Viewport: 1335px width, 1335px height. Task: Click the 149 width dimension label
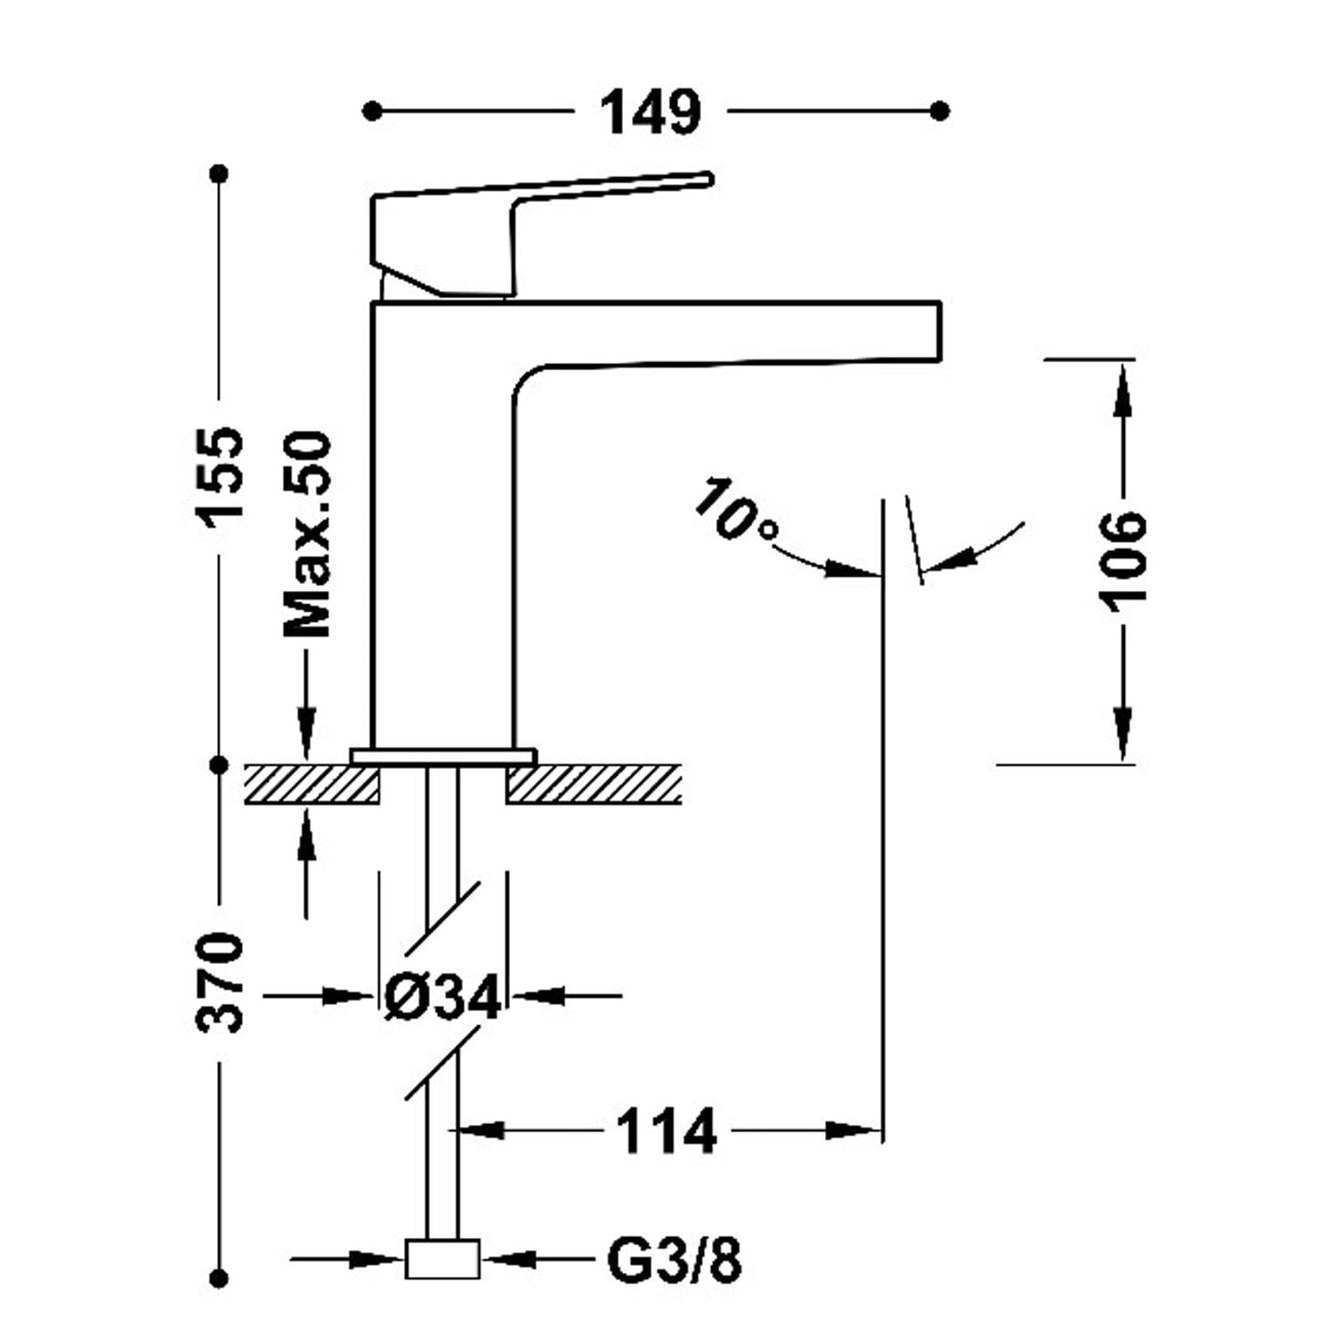pos(650,113)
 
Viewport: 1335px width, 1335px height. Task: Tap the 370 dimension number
pos(220,982)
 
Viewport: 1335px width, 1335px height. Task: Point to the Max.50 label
pos(307,534)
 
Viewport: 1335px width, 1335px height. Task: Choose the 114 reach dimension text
pos(666,1132)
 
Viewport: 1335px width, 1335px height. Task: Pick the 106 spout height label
pos(1121,561)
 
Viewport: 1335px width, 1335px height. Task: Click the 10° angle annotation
pos(734,511)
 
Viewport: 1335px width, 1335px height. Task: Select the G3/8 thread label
pos(674,1260)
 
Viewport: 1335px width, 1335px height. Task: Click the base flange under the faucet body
pos(443,756)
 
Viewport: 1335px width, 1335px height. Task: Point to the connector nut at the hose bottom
pos(442,1259)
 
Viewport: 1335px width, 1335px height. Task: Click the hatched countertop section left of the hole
pos(311,784)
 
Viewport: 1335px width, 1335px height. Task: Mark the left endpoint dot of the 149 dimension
pos(373,111)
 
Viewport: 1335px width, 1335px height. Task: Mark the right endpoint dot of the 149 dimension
pos(939,111)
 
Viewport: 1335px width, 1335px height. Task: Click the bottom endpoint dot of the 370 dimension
pos(219,1279)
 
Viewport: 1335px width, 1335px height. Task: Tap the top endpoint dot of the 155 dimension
pos(219,173)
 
